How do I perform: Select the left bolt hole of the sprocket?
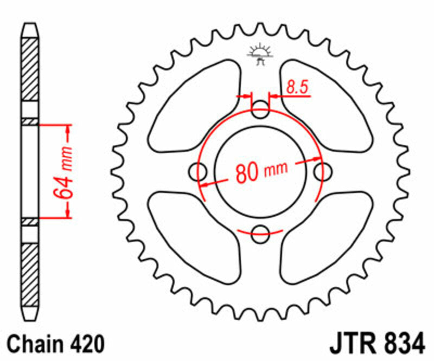click(198, 172)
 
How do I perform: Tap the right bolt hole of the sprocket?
click(323, 172)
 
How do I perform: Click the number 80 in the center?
click(246, 173)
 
